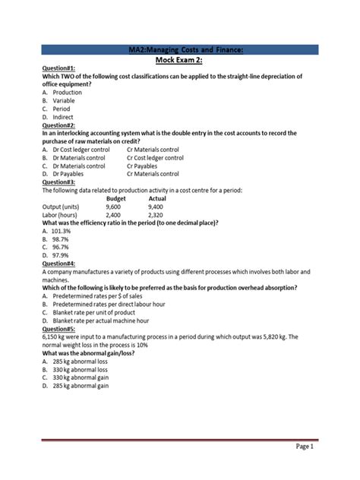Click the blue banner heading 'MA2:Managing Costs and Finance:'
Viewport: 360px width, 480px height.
click(181, 49)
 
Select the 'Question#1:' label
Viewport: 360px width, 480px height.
click(58, 68)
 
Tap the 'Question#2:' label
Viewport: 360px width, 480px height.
click(58, 125)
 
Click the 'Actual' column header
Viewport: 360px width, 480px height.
click(156, 197)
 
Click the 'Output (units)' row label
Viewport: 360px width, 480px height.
click(66, 206)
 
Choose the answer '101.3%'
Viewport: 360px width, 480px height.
click(62, 230)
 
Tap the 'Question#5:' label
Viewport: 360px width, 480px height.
click(58, 330)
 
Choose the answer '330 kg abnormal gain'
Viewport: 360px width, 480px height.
click(81, 377)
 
